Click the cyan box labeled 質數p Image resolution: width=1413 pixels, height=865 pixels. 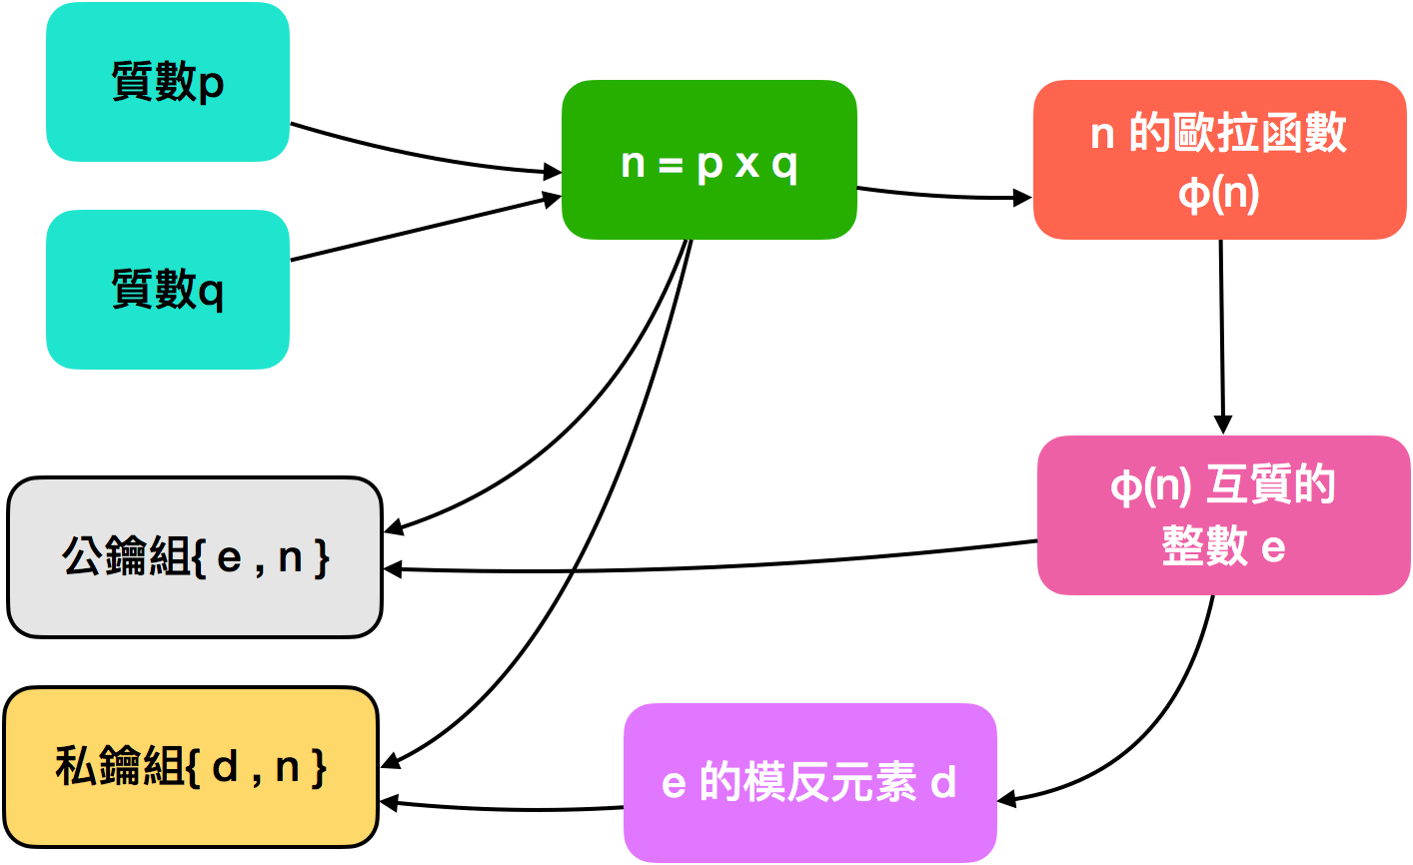(168, 82)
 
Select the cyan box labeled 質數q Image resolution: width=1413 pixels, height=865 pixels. (168, 290)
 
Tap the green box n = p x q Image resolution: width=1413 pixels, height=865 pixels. (708, 160)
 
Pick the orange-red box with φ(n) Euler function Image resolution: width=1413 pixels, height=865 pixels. (1219, 160)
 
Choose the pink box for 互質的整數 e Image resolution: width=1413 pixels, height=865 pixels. (1223, 515)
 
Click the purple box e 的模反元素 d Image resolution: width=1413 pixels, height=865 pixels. (809, 782)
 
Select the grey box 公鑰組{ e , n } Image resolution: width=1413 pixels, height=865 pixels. (195, 557)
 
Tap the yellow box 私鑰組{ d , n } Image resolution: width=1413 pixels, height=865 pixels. (191, 767)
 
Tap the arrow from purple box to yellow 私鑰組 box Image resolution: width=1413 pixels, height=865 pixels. (500, 807)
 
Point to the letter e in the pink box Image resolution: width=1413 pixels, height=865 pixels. (1273, 548)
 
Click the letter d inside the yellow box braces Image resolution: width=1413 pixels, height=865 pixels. (226, 767)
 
